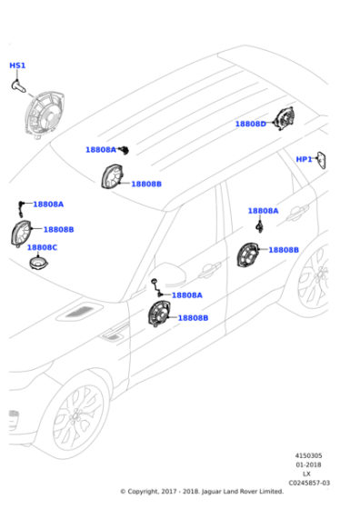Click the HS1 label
click(x=17, y=65)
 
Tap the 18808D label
click(x=250, y=124)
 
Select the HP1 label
click(x=304, y=159)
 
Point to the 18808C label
click(x=42, y=247)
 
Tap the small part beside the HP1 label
click(x=322, y=160)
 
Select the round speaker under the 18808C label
click(x=39, y=264)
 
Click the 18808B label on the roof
click(x=146, y=185)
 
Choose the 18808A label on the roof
click(x=100, y=150)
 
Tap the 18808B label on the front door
click(x=193, y=318)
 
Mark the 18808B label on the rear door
click(x=284, y=250)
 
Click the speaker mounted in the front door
click(x=161, y=317)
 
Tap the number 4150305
click(x=308, y=455)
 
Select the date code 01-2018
click(x=308, y=464)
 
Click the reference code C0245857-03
click(x=309, y=483)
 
